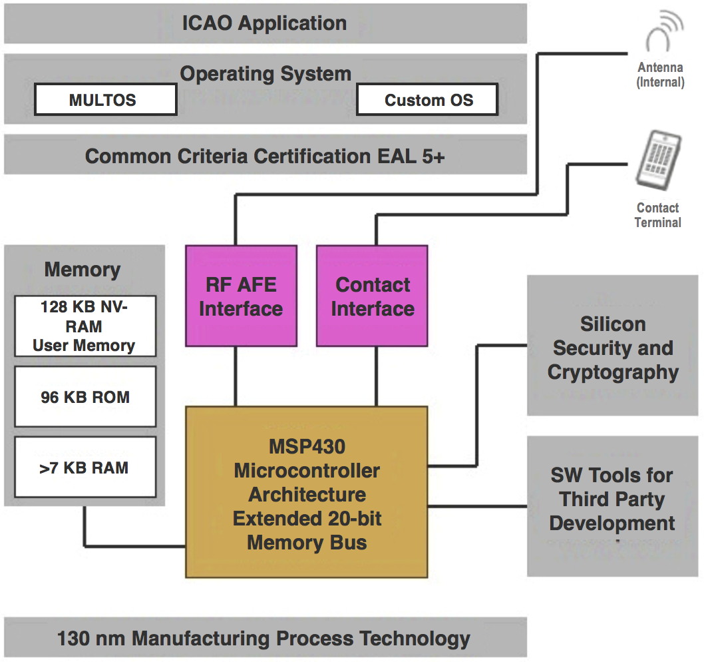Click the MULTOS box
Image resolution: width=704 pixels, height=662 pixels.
point(105,101)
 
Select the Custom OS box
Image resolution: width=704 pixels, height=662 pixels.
point(427,101)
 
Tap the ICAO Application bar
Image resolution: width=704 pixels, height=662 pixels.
point(265,23)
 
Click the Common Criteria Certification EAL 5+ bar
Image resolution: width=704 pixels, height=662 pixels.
point(265,157)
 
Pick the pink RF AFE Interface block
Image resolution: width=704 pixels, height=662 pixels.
point(241,296)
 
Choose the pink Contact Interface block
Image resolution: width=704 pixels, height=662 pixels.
point(372,296)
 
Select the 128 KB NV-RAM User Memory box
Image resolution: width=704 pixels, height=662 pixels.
point(85,326)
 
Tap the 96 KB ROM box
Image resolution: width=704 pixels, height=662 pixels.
point(85,397)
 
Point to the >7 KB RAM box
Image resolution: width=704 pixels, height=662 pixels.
point(85,468)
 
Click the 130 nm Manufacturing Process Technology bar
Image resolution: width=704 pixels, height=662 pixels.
point(265,638)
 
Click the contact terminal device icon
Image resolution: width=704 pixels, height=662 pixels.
point(658,159)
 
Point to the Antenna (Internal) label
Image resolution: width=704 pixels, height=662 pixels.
point(660,75)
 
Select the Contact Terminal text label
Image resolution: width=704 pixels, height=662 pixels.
point(657,215)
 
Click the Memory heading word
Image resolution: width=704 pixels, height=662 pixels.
point(83,270)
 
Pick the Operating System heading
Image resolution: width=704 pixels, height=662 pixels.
point(265,73)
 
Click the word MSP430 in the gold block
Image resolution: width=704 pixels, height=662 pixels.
point(307,446)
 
